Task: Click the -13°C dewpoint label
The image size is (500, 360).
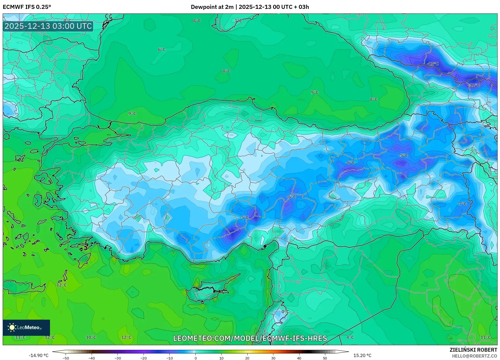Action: pyautogui.click(x=433, y=64)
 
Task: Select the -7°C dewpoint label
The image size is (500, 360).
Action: pyautogui.click(x=462, y=204)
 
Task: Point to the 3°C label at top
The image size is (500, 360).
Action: pyautogui.click(x=238, y=21)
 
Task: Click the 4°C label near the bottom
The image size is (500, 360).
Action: pyautogui.click(x=350, y=337)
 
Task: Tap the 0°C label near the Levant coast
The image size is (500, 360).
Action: pyautogui.click(x=285, y=312)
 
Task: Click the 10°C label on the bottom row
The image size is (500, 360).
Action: pyautogui.click(x=91, y=337)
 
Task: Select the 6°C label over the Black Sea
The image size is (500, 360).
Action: pyautogui.click(x=162, y=50)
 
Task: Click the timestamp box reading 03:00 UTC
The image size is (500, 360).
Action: pyautogui.click(x=48, y=26)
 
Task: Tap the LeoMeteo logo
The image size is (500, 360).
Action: pyautogui.click(x=26, y=327)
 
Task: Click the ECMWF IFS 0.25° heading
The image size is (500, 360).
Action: pyautogui.click(x=27, y=7)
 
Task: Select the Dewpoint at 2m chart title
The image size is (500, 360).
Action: pyautogui.click(x=250, y=7)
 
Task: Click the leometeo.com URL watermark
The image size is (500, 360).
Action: pyautogui.click(x=250, y=338)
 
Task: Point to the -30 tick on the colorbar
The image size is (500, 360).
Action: pyautogui.click(x=118, y=358)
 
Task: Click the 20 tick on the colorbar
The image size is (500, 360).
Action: pyautogui.click(x=247, y=358)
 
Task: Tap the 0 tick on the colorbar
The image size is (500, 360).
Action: pyautogui.click(x=195, y=358)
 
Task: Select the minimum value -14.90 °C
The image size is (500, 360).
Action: pyautogui.click(x=39, y=355)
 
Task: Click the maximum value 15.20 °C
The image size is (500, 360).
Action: pyautogui.click(x=362, y=355)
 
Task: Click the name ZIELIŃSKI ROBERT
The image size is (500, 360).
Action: pyautogui.click(x=473, y=350)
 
